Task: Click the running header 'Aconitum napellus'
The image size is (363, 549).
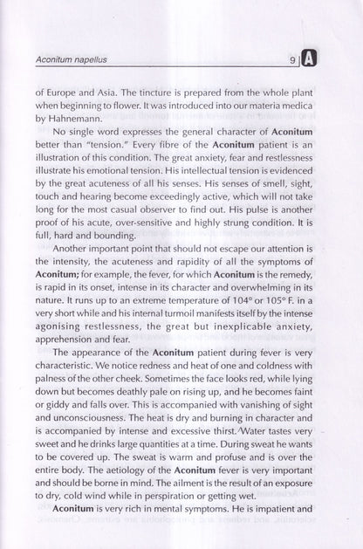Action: coord(72,62)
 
